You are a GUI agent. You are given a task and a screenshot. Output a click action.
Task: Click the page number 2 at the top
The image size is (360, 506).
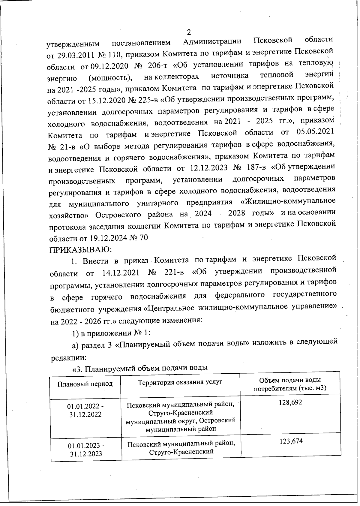click(x=189, y=32)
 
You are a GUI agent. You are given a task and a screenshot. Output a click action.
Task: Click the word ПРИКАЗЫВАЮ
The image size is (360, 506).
click(x=80, y=249)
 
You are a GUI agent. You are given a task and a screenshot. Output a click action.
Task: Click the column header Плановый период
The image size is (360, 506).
click(x=85, y=384)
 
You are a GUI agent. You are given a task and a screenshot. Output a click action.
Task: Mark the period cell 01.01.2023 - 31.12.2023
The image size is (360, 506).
click(x=86, y=449)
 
